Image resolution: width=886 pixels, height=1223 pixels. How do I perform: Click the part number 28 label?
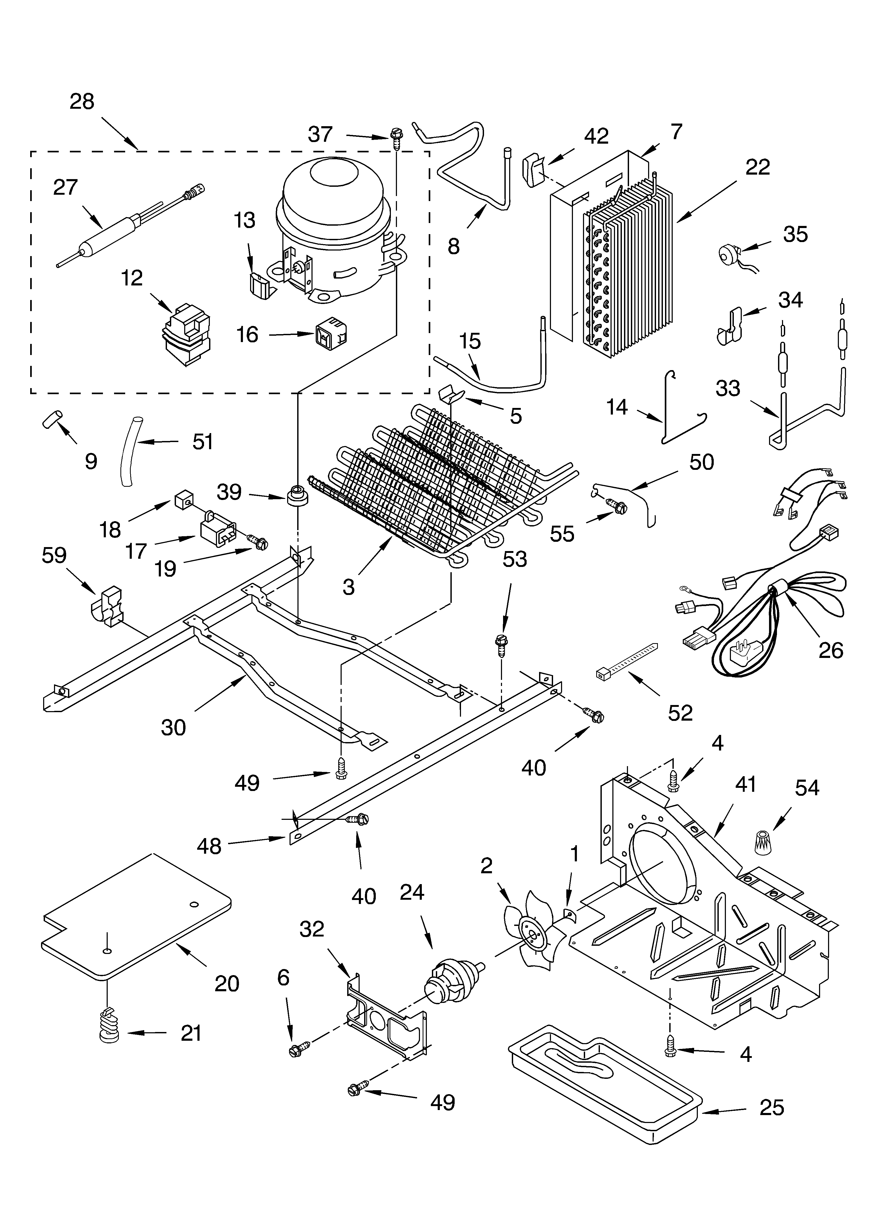(x=82, y=101)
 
